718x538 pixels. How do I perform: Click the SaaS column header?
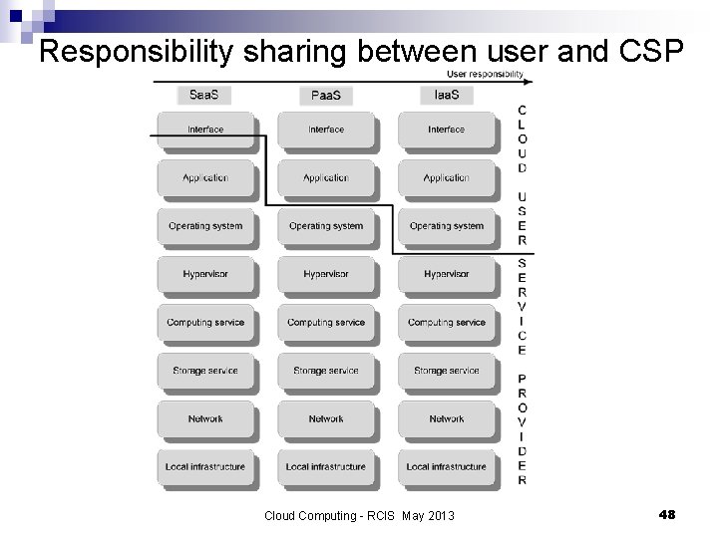205,96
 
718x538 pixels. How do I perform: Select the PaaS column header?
326,96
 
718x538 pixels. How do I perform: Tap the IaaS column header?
447,96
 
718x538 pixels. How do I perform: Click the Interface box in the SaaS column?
205,130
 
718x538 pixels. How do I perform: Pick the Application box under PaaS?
326,178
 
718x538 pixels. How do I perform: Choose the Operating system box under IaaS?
447,226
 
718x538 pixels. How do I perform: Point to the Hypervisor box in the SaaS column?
205,274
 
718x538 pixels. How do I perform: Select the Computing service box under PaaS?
326,323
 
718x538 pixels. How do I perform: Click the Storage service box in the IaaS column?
447,371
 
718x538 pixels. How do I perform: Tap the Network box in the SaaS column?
205,418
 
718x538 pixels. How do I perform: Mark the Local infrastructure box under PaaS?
326,466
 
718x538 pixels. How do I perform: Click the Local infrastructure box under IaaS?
447,466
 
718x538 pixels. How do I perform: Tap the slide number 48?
667,514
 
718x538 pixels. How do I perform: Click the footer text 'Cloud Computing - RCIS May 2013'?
359,515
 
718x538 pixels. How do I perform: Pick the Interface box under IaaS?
447,130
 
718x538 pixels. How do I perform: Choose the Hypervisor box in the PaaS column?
326,274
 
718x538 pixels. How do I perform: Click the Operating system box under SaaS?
205,226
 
